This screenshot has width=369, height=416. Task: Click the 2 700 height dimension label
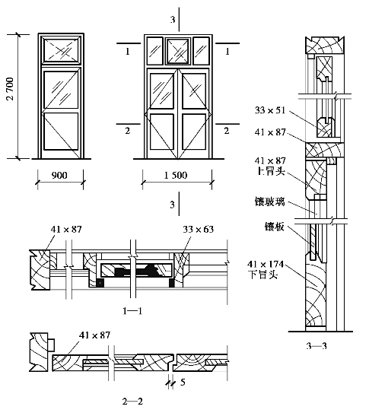click(x=10, y=89)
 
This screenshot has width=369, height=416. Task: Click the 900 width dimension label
click(x=59, y=176)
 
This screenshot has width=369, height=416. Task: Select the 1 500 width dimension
click(x=176, y=176)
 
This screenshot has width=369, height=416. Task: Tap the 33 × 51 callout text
click(x=270, y=110)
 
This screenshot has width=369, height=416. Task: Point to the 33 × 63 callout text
click(x=198, y=229)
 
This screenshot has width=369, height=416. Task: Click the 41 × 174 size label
click(x=266, y=264)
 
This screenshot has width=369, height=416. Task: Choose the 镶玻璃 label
click(x=270, y=202)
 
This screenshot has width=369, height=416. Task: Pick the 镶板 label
click(x=275, y=227)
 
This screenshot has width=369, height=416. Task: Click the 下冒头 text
click(x=262, y=275)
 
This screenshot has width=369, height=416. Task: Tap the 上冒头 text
click(x=271, y=171)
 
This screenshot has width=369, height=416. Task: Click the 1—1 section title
click(x=132, y=311)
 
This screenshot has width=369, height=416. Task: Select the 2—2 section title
click(x=132, y=402)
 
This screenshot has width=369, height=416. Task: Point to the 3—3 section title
click(x=317, y=346)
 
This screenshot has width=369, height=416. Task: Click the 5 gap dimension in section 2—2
click(x=183, y=383)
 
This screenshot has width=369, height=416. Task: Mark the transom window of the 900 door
click(x=61, y=50)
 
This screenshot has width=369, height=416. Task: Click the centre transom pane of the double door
click(x=178, y=51)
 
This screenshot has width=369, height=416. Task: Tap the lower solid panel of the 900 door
click(x=61, y=132)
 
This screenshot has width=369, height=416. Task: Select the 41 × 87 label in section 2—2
click(x=94, y=335)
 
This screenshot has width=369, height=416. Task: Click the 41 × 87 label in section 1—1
click(x=66, y=229)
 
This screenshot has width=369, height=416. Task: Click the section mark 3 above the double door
click(x=173, y=20)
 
